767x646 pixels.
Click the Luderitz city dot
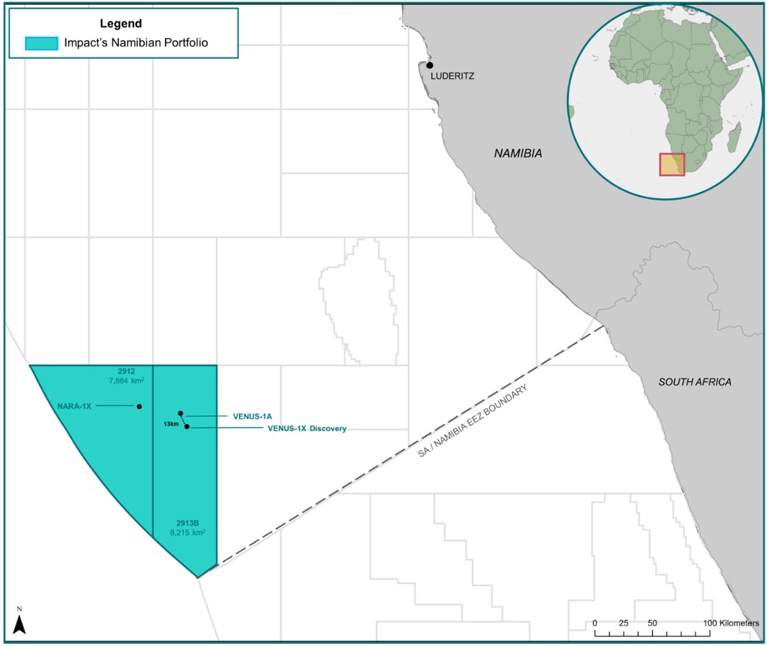click(430, 65)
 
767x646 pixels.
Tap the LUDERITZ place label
click(454, 77)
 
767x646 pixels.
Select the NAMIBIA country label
click(518, 153)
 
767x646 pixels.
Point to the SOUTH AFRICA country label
click(695, 382)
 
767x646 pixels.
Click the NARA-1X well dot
click(139, 407)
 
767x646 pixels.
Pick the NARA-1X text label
click(76, 407)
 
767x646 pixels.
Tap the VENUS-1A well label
click(245, 415)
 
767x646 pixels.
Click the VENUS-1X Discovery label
click(296, 429)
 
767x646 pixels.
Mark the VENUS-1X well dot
click(186, 426)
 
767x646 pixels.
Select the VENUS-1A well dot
click(180, 413)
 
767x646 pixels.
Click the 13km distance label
click(171, 423)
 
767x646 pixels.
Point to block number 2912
click(125, 370)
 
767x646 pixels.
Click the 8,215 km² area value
click(187, 533)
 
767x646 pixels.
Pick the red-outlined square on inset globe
click(671, 164)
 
